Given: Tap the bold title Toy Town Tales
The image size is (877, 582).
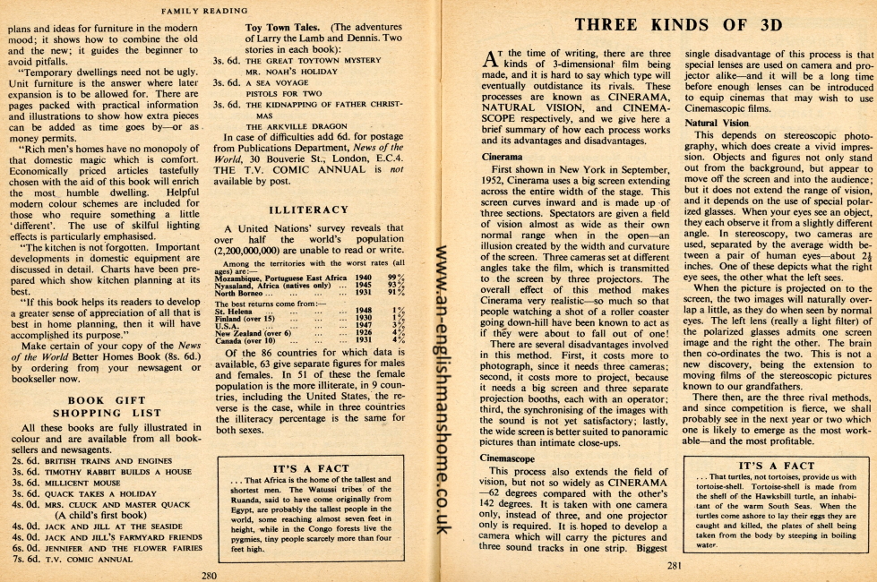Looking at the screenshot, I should point(286,27).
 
